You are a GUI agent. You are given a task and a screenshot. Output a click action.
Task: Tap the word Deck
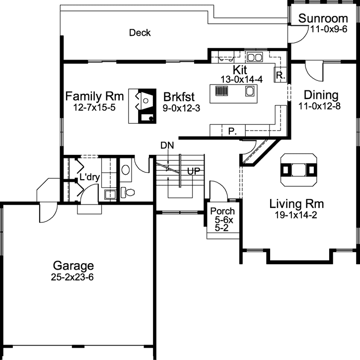140,33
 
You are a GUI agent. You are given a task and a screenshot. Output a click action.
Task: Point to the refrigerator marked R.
281,76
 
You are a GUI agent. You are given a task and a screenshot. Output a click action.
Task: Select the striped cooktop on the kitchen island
221,91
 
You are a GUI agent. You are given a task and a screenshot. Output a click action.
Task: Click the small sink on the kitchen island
250,91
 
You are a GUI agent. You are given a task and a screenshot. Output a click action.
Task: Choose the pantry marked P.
231,131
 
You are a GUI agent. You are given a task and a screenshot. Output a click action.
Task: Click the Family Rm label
94,96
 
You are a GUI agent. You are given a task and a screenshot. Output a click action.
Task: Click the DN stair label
167,145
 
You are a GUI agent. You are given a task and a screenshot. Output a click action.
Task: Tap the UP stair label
193,170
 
